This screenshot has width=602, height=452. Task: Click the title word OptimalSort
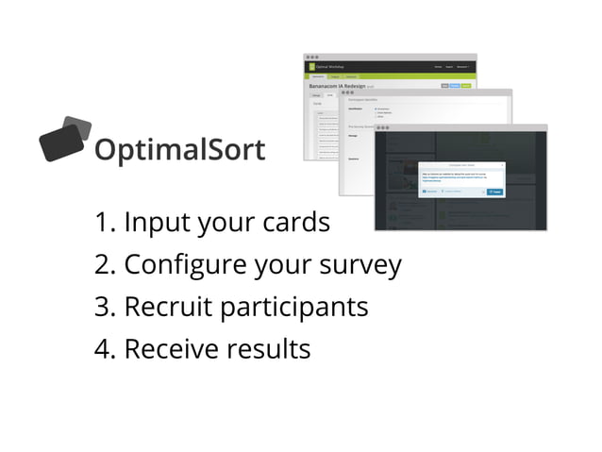pyautogui.click(x=179, y=150)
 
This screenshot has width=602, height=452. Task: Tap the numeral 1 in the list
pyautogui.click(x=103, y=224)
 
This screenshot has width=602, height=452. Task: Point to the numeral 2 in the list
pyautogui.click(x=103, y=265)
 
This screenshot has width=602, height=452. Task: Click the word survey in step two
pyautogui.click(x=363, y=267)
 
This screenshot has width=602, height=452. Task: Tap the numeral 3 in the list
pyautogui.click(x=103, y=308)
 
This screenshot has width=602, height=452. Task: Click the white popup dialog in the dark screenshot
pyautogui.click(x=460, y=179)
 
